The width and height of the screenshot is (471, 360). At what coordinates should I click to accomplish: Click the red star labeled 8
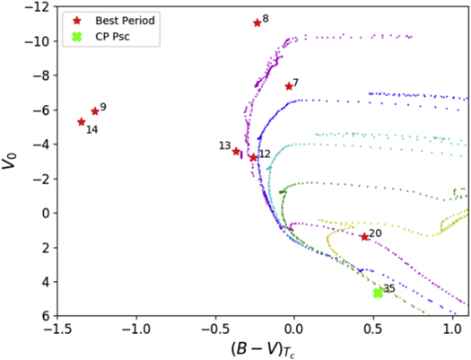(x=257, y=22)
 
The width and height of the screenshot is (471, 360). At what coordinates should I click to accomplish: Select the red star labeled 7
(x=289, y=86)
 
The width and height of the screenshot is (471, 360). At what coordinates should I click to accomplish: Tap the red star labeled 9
(x=95, y=111)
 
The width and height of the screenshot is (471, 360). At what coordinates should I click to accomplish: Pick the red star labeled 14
(x=82, y=122)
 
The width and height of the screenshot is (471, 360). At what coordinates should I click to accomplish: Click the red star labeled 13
(x=237, y=151)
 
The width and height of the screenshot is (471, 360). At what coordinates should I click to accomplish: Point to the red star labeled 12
(x=254, y=157)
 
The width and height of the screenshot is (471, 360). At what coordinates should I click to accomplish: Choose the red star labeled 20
(x=364, y=237)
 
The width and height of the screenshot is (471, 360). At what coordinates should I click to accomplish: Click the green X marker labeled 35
(x=379, y=293)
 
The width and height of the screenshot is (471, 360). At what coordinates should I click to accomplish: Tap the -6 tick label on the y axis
(x=41, y=110)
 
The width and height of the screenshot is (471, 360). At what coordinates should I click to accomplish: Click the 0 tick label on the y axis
(x=46, y=214)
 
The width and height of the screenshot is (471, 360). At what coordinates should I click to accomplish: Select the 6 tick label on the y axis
(x=46, y=317)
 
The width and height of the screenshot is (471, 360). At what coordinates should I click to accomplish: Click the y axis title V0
(x=13, y=162)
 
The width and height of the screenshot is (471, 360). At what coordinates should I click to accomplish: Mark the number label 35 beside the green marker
(x=389, y=289)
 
